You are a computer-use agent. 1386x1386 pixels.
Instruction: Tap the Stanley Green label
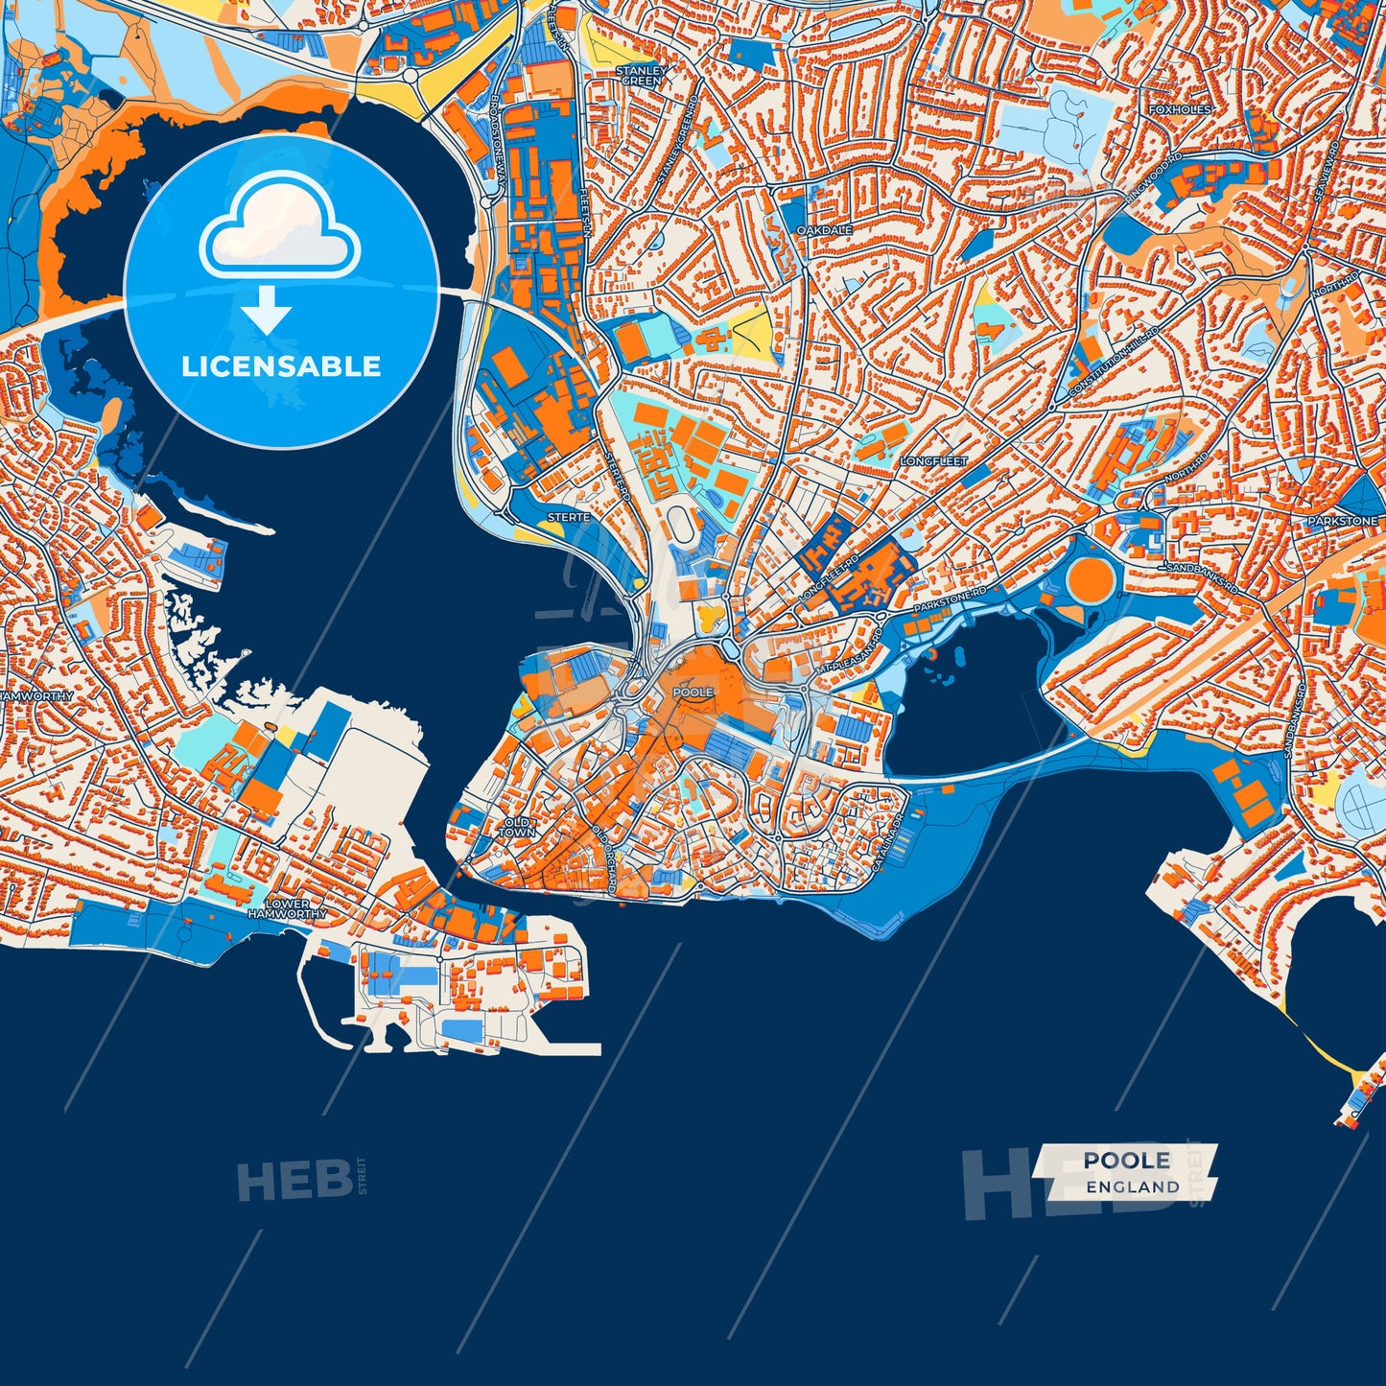coord(641,76)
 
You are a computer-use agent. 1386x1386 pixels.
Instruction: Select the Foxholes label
coord(1180,110)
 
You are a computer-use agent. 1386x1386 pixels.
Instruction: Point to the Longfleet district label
coord(933,461)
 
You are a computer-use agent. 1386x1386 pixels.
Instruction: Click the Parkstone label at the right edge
coord(1342,521)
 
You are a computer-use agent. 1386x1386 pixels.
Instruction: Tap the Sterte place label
coord(568,517)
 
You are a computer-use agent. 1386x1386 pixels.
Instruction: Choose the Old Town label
coord(516,828)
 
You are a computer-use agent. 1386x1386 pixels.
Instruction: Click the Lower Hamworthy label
coord(287,909)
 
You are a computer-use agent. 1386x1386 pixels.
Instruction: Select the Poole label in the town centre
coord(693,692)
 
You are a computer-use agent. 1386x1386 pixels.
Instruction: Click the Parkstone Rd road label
coord(950,601)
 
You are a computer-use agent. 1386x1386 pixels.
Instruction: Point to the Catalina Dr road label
coord(887,844)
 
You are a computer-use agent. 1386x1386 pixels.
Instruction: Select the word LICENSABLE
coord(281,366)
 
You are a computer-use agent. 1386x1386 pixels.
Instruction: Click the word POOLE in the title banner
coord(1127,1161)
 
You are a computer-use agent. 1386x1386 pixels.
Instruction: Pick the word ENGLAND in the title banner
coord(1133,1187)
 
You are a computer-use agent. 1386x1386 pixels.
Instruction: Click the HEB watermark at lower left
coord(294,1180)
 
